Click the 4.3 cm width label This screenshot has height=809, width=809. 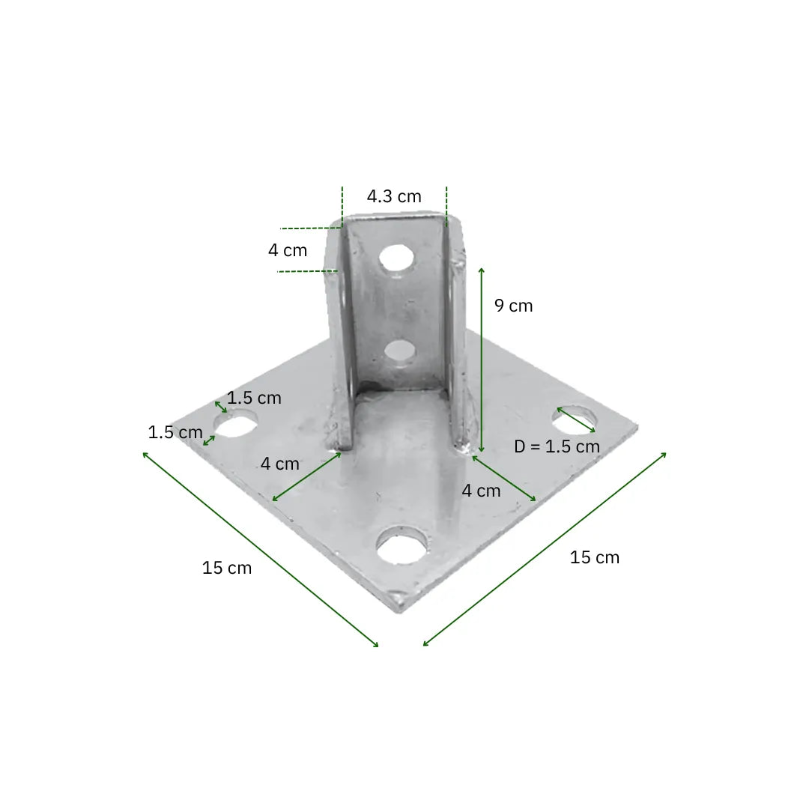click(394, 197)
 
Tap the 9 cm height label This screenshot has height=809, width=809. click(514, 306)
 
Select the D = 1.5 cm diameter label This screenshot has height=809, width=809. click(557, 447)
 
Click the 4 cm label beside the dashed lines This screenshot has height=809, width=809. click(288, 251)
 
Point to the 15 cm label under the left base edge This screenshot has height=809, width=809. click(227, 568)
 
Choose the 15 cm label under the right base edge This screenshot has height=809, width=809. click(595, 557)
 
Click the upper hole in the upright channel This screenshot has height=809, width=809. click(397, 258)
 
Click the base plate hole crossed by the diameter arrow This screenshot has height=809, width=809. click(575, 419)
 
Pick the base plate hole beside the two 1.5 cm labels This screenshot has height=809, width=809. click(236, 425)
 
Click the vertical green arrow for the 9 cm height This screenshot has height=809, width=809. click(481, 360)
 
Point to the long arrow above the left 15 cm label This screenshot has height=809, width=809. click(260, 548)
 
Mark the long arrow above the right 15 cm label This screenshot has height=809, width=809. click(545, 549)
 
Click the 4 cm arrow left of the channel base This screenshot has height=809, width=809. click(306, 477)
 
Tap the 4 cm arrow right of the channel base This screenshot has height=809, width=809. click(504, 478)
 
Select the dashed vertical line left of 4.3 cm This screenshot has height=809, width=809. click(342, 206)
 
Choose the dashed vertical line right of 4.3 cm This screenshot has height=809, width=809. click(446, 206)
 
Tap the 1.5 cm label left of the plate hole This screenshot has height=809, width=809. click(175, 432)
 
